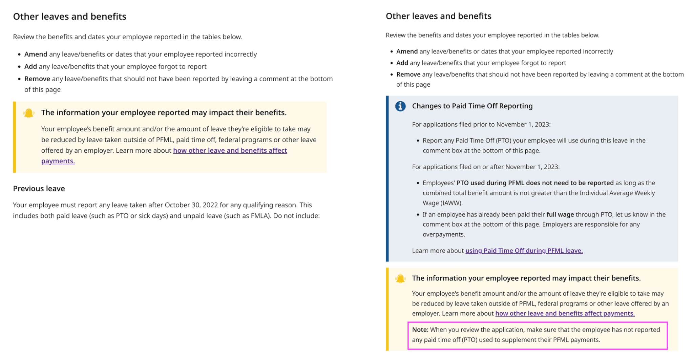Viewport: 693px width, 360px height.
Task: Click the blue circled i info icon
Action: coord(400,106)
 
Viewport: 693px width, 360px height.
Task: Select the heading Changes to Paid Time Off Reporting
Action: coord(472,106)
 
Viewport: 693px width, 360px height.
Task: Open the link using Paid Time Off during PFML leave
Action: coord(524,251)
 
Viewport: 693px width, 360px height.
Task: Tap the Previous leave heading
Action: coord(39,189)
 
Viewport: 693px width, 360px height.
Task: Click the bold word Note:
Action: coord(420,330)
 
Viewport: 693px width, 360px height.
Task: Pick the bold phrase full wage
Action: coord(560,214)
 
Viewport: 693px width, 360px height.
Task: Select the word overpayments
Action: coord(443,234)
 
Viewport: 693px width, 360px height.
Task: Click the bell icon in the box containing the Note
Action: coord(400,278)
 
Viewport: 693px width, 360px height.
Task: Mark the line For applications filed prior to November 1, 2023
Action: coord(481,124)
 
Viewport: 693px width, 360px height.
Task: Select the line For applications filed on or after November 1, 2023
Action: coord(486,167)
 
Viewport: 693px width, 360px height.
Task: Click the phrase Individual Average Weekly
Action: coord(617,193)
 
